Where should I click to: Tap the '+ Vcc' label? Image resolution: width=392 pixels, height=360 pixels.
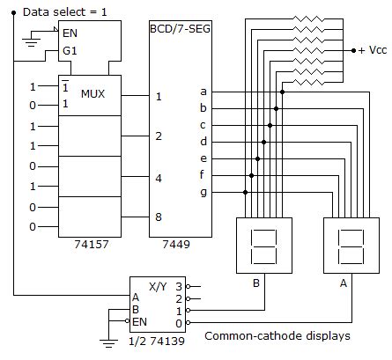[371, 50]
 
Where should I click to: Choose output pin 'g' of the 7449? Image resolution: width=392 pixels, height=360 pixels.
[204, 191]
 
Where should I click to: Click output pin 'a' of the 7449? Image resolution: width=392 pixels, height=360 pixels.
[204, 92]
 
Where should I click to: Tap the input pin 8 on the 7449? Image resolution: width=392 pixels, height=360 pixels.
[159, 216]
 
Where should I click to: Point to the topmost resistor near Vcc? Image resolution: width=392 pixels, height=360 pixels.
[311, 18]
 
